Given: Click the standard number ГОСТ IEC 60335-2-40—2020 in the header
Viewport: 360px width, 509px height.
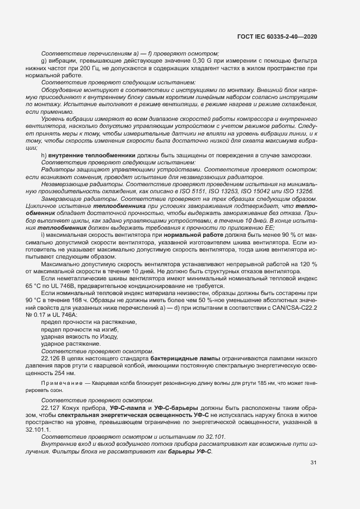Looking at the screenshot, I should tap(277, 36).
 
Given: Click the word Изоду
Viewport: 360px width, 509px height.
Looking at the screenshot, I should tap(101, 336).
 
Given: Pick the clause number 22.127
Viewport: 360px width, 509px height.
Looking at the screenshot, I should tap(51, 408).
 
